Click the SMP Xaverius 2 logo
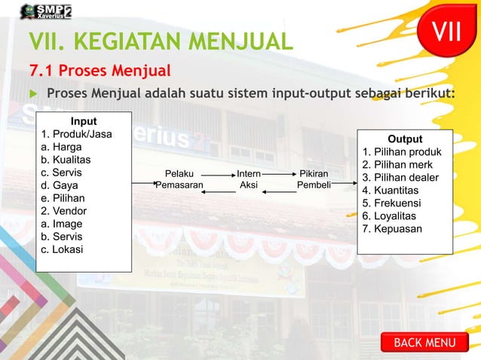47,11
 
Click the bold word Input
83,121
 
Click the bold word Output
405,139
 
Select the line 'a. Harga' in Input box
63,147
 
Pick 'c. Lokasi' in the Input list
63,249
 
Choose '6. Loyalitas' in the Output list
393,215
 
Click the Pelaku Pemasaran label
179,178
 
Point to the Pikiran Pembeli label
314,178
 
